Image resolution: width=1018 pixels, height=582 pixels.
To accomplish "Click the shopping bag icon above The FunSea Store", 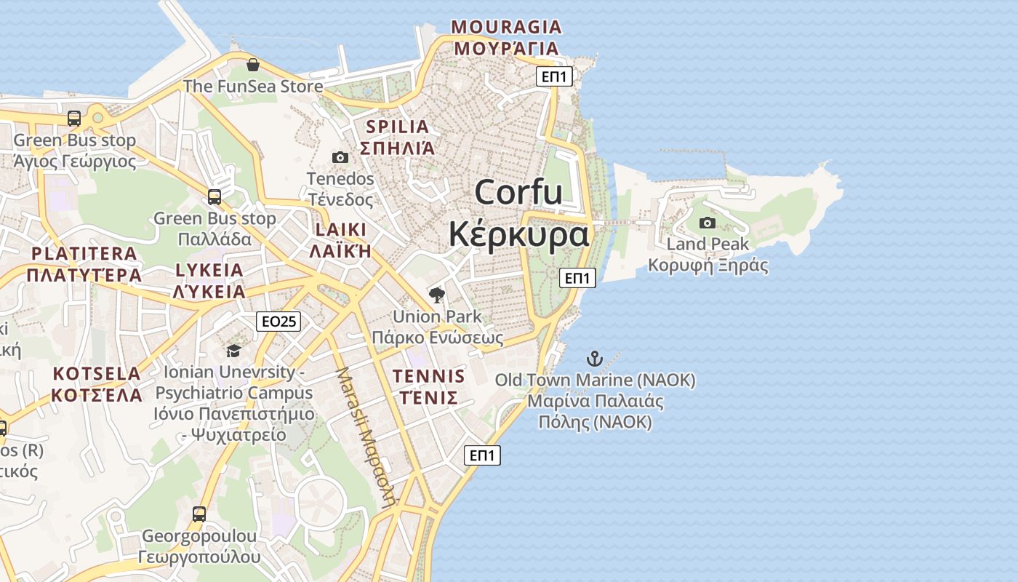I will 252,65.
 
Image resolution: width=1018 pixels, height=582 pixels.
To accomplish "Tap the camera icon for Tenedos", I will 340,157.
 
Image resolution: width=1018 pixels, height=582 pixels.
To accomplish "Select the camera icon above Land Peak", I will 707,223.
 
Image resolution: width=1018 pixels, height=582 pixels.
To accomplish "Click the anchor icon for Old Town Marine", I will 595,358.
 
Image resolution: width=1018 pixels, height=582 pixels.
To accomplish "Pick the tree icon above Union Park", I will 436,295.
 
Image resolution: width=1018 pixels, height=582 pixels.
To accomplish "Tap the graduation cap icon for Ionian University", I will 233,351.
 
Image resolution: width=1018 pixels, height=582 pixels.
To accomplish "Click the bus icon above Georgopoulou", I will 199,514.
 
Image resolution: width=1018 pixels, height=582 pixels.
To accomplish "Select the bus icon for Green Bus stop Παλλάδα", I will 215,196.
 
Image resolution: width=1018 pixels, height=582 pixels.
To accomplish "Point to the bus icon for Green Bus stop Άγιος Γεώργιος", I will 74,119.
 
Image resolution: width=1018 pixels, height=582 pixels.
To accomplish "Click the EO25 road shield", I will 278,322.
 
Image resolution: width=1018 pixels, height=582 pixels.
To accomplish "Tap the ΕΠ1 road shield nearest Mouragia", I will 554,76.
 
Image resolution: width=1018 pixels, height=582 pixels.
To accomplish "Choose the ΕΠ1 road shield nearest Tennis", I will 482,455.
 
